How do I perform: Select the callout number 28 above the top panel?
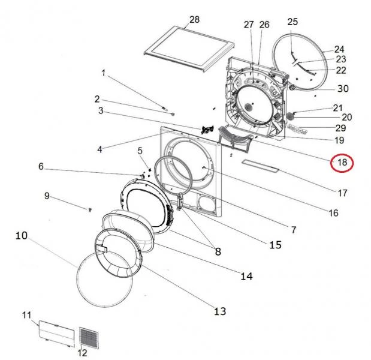[194, 20]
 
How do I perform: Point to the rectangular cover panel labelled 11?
[57, 333]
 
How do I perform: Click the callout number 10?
[22, 236]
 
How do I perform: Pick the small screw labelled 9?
[90, 209]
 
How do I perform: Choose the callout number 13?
[220, 311]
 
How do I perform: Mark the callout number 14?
[246, 276]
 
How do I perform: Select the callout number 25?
[292, 22]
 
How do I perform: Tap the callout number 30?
[343, 89]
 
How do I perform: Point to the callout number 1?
[104, 73]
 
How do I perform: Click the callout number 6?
[41, 167]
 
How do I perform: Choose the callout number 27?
[249, 25]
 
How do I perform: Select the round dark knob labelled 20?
[290, 116]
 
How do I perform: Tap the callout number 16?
[333, 213]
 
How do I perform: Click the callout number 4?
[99, 149]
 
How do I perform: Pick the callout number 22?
[341, 70]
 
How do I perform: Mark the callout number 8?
[218, 251]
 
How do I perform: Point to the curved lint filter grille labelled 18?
[235, 137]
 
